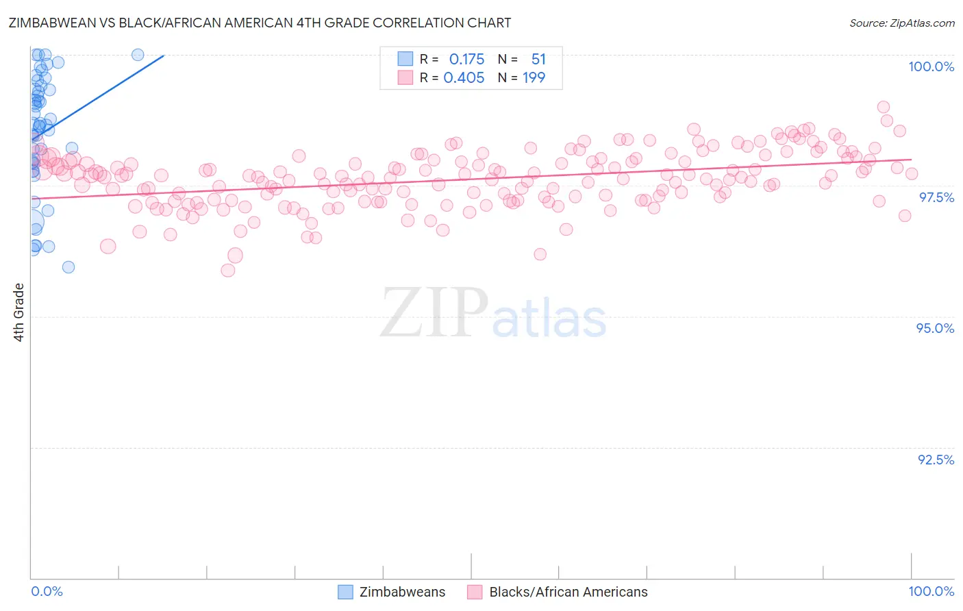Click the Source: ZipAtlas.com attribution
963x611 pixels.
tap(901, 23)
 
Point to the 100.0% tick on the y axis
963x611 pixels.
tap(931, 66)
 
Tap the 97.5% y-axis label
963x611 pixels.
tap(936, 197)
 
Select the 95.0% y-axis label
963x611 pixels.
tap(935, 328)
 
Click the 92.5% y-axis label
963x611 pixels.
tap(936, 460)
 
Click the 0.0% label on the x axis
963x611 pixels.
tap(47, 591)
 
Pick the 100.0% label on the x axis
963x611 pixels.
tap(931, 591)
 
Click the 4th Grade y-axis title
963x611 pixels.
tap(19, 312)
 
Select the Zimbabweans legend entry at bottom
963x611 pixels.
tap(402, 592)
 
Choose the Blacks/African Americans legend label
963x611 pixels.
tap(568, 592)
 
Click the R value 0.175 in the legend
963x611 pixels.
tap(466, 60)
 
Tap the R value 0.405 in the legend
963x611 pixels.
tap(464, 78)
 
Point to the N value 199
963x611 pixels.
tap(534, 78)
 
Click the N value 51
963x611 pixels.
tap(538, 60)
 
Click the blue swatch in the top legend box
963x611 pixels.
tap(405, 60)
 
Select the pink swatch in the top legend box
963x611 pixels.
tap(405, 78)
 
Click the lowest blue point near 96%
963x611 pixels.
tap(68, 267)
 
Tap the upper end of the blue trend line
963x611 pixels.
tap(164, 55)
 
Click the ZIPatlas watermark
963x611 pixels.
tap(493, 314)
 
